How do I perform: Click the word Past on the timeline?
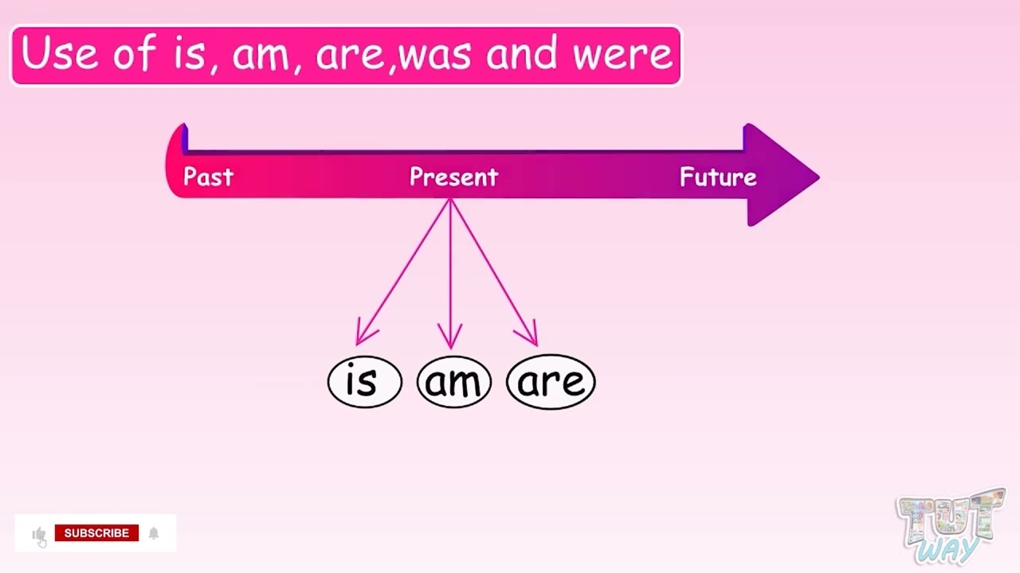[x=208, y=177]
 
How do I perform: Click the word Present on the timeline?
[x=453, y=177]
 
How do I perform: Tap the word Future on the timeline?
[x=718, y=177]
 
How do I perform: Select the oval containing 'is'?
[x=364, y=382]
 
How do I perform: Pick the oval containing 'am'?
[x=453, y=382]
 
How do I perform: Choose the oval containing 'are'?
[x=551, y=382]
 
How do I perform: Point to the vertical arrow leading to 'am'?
[x=450, y=275]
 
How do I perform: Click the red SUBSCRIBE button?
[x=96, y=533]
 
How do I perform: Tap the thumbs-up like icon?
[x=38, y=534]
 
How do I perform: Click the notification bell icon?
[x=154, y=533]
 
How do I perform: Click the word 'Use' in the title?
[x=59, y=55]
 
